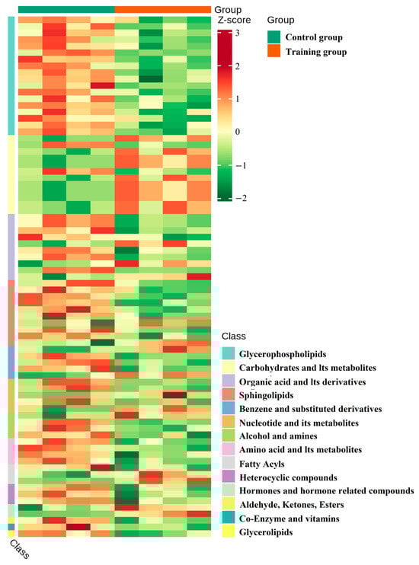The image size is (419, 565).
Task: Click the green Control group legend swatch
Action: [274, 37]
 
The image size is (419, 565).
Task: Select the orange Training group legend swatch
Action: [274, 52]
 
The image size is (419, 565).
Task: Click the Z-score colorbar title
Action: [232, 20]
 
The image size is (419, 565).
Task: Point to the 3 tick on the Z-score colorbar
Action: [237, 34]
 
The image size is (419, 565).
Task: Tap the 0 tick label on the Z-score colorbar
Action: [237, 132]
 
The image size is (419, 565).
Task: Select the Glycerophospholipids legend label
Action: [282, 354]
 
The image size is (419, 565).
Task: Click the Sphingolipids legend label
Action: [268, 395]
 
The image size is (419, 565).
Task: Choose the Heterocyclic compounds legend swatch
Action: [228, 477]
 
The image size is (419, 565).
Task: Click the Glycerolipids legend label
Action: [267, 532]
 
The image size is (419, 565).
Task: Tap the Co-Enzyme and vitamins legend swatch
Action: [228, 518]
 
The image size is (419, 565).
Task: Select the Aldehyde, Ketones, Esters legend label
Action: [291, 505]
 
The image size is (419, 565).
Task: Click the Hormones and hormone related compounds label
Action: [326, 491]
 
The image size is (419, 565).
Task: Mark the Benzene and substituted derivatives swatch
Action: [228, 409]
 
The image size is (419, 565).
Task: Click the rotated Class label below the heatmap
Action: [19, 549]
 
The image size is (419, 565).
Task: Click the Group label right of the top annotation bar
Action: [228, 9]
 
